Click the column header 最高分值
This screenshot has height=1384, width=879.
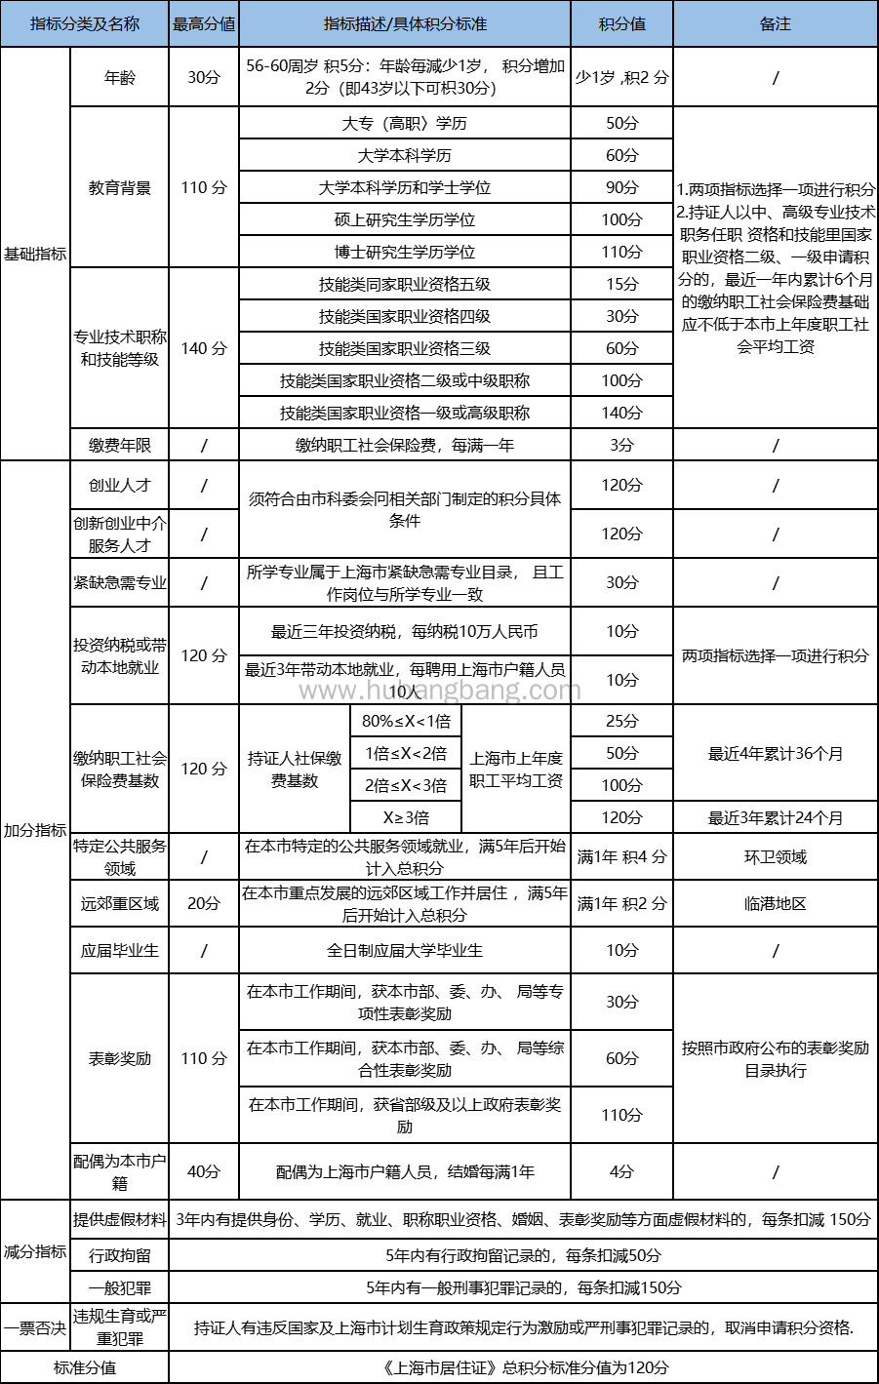pyautogui.click(x=204, y=23)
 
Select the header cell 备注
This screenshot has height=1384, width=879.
pyautogui.click(x=775, y=23)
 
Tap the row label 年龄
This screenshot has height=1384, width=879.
pyautogui.click(x=120, y=77)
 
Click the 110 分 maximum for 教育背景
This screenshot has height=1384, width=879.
pyautogui.click(x=204, y=187)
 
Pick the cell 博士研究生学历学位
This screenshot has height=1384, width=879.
pyautogui.click(x=405, y=252)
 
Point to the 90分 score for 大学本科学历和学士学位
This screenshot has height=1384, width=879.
pyautogui.click(x=621, y=187)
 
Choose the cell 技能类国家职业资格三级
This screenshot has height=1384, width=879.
pyautogui.click(x=405, y=348)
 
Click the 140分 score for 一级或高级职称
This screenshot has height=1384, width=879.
pyautogui.click(x=621, y=413)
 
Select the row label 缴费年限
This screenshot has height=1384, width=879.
pyautogui.click(x=120, y=445)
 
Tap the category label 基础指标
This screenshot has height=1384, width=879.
pyautogui.click(x=35, y=254)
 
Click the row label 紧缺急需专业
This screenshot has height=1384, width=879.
pyautogui.click(x=120, y=582)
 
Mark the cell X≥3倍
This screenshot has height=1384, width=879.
pyautogui.click(x=406, y=817)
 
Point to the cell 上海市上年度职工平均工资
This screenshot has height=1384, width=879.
pyautogui.click(x=516, y=769)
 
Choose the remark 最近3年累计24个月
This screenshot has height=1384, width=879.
pyautogui.click(x=775, y=817)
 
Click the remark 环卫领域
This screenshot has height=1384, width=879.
pyautogui.click(x=775, y=856)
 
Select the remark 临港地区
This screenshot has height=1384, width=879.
pyautogui.click(x=775, y=903)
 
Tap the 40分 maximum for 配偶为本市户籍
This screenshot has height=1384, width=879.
pyautogui.click(x=204, y=1171)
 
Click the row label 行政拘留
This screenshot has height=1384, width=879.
pyautogui.click(x=120, y=1255)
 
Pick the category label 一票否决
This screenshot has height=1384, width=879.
pyautogui.click(x=35, y=1327)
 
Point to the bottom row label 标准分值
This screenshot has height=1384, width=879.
pyautogui.click(x=85, y=1367)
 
